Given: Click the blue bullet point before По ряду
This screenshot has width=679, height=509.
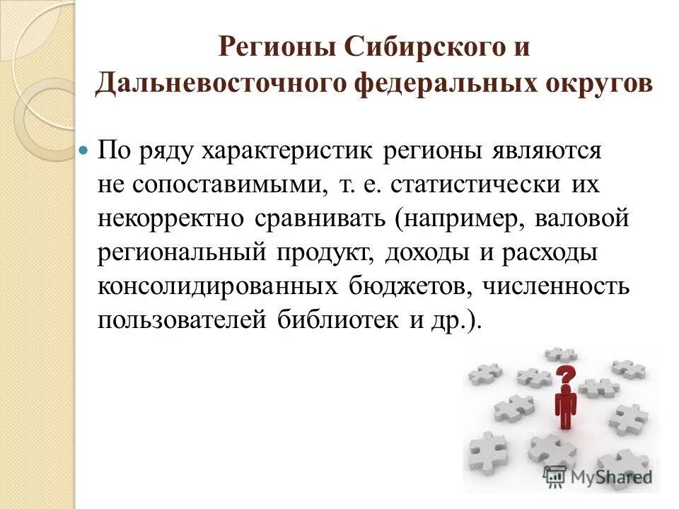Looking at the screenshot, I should coord(83,151).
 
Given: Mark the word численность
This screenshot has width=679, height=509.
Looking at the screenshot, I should coord(558,286).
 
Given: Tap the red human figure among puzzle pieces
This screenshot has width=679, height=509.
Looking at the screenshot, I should coord(565,408).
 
